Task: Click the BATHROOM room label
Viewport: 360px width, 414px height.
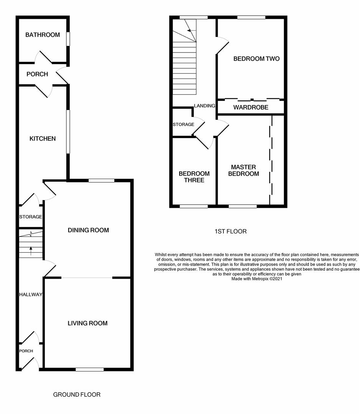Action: point(43,35)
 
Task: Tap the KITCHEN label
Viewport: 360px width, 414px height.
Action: point(43,139)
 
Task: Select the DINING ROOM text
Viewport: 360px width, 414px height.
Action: point(88,230)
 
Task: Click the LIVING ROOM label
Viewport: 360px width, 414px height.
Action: point(88,323)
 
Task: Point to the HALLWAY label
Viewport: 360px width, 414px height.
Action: point(30,294)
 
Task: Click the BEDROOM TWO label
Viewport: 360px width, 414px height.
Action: point(256,59)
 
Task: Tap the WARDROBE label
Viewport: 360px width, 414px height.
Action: point(251,107)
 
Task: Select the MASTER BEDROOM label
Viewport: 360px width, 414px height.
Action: point(243,171)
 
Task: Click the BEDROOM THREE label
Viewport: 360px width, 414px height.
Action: point(194,177)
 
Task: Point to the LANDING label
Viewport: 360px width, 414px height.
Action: point(204,106)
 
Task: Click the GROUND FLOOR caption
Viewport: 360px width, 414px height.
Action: point(77,394)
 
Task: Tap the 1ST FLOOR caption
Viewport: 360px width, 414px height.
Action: point(230,231)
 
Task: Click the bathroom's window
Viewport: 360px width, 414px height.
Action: point(68,39)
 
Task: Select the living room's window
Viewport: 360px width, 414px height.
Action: point(89,370)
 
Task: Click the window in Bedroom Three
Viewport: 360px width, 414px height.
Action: point(194,206)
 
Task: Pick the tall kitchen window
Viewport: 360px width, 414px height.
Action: point(68,132)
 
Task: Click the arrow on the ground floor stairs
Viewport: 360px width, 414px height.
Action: point(31,251)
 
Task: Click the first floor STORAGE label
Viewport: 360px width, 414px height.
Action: point(183,125)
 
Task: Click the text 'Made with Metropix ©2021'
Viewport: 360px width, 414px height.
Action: point(257,279)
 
